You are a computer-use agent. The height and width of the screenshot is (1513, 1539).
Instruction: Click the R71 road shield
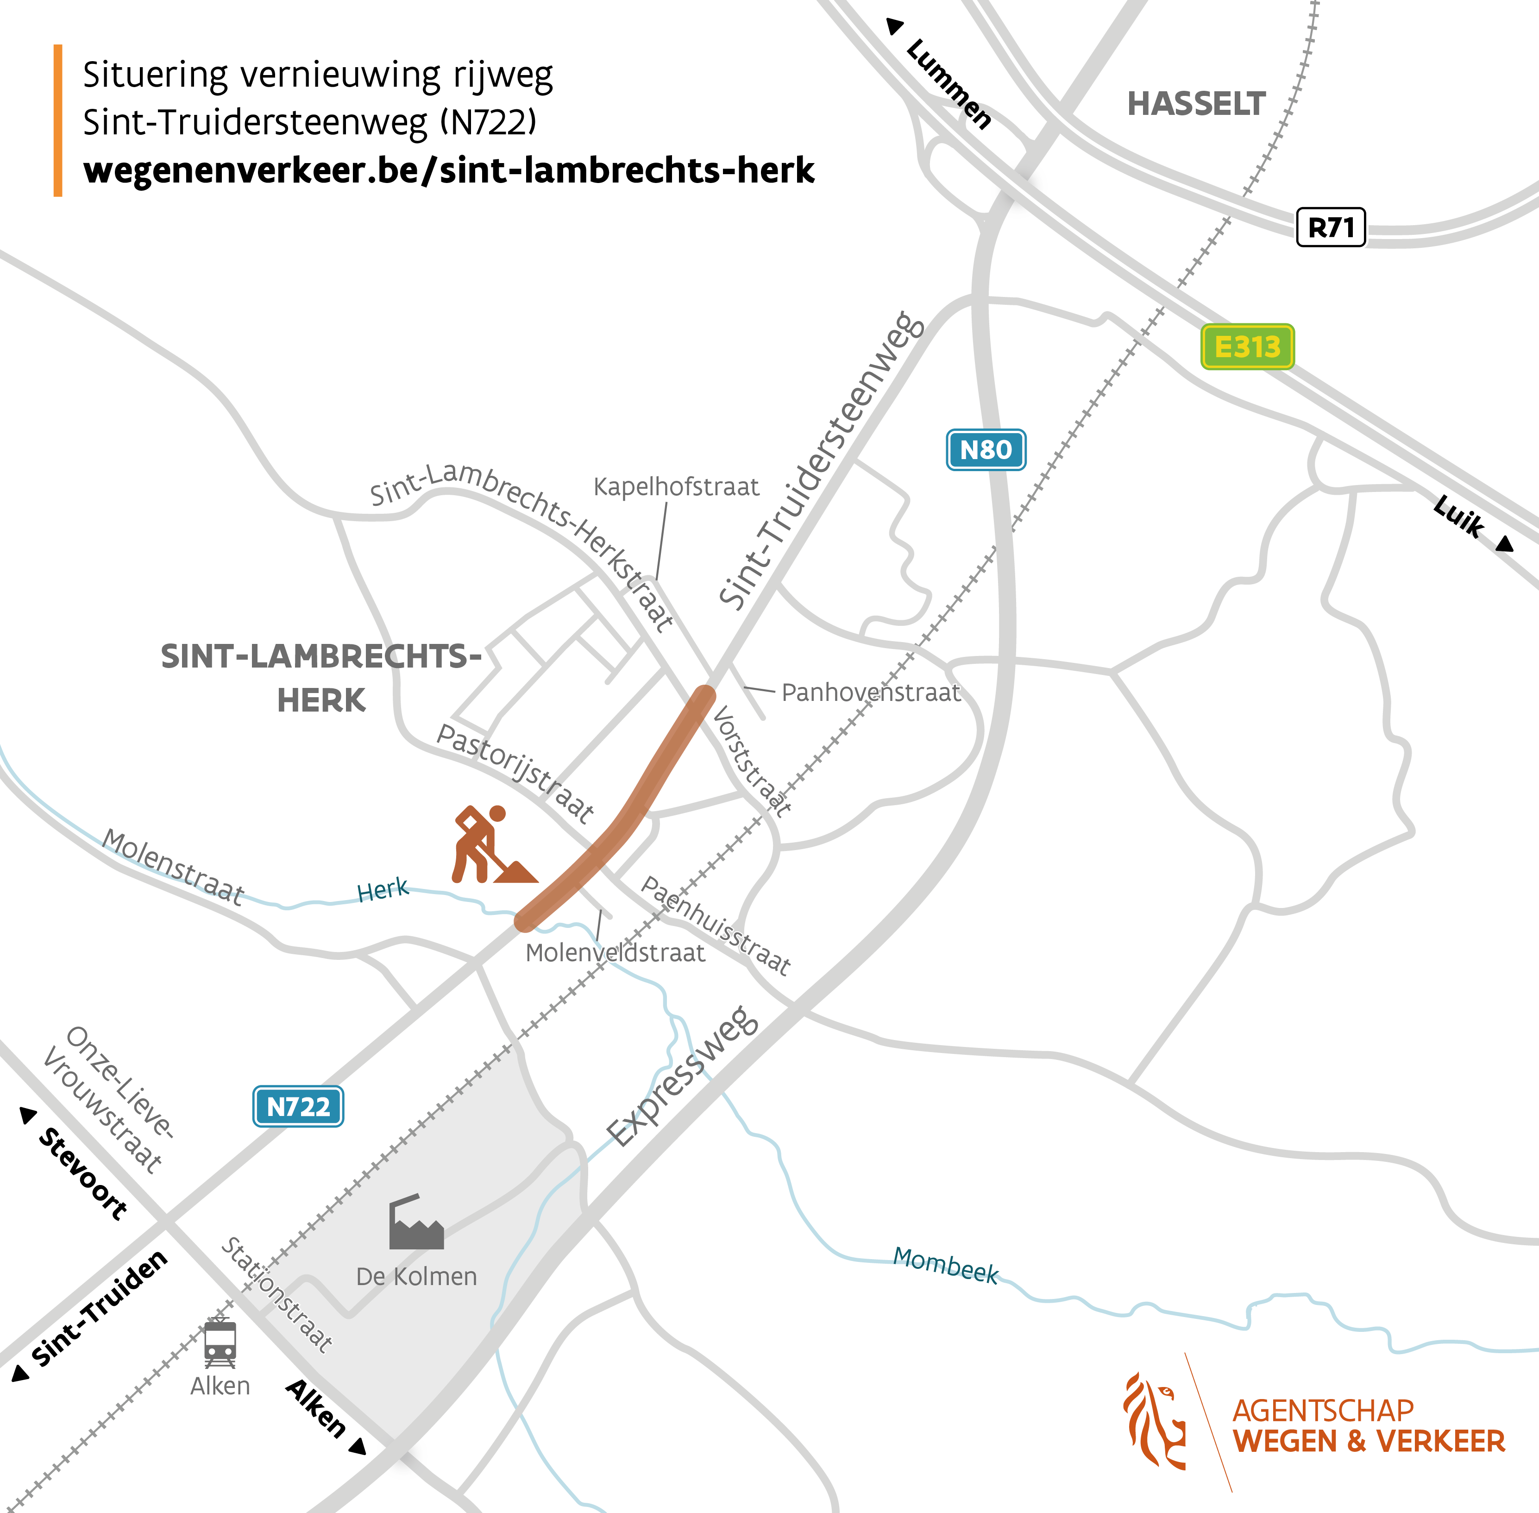point(1331,228)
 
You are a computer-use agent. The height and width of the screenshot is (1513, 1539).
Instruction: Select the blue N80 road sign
point(986,450)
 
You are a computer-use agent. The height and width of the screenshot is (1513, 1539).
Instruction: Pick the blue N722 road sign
point(298,1106)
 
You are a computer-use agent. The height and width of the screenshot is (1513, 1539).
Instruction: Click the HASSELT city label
point(1196,104)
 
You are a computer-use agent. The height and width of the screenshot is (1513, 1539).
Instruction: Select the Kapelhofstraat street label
point(676,486)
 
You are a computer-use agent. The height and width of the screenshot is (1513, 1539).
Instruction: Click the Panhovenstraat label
point(871,692)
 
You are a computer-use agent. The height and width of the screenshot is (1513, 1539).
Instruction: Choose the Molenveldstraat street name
point(615,953)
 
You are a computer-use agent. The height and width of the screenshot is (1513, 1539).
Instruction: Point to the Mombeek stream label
point(945,1265)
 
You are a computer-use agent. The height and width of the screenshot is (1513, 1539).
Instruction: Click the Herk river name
point(383,891)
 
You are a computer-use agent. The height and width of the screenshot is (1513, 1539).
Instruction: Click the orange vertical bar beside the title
point(58,120)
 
